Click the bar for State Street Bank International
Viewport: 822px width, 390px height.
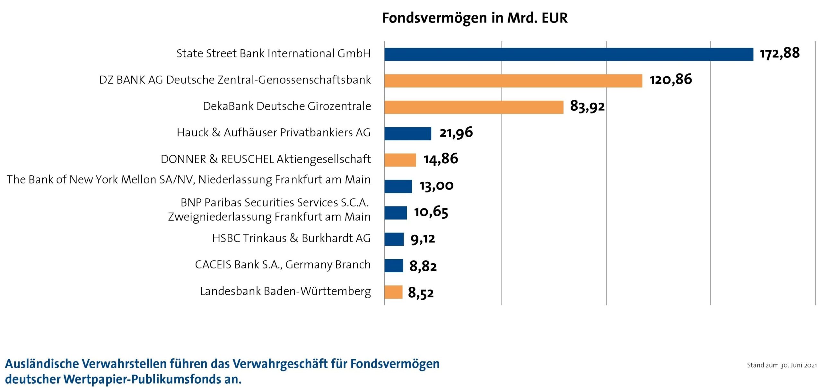coord(568,54)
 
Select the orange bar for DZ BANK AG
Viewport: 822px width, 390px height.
coord(513,81)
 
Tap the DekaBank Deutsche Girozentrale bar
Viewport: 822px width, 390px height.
coord(474,107)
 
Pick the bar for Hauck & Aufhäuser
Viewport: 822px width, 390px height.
coord(407,133)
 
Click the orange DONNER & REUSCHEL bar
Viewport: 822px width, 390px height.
coord(400,160)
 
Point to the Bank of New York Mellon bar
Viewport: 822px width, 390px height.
coord(398,186)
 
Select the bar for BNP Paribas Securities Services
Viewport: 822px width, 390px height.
coord(396,213)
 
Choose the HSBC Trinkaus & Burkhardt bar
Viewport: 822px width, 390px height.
coord(394,239)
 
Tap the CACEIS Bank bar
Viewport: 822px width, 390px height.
coord(394,266)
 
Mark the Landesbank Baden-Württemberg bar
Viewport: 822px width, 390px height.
coord(393,292)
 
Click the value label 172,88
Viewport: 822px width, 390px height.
coord(780,53)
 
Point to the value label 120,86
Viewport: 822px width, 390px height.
coord(671,80)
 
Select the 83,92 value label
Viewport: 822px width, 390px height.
coord(587,106)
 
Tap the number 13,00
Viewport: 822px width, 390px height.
coord(436,186)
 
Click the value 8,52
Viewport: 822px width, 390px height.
coord(421,292)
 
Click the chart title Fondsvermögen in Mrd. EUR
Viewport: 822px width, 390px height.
coord(475,18)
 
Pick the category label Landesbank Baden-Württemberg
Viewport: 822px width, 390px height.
coord(285,291)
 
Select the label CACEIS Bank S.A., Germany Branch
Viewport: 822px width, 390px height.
coord(283,265)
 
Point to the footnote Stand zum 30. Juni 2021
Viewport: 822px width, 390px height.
coord(782,365)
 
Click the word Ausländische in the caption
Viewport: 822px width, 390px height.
coord(42,364)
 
